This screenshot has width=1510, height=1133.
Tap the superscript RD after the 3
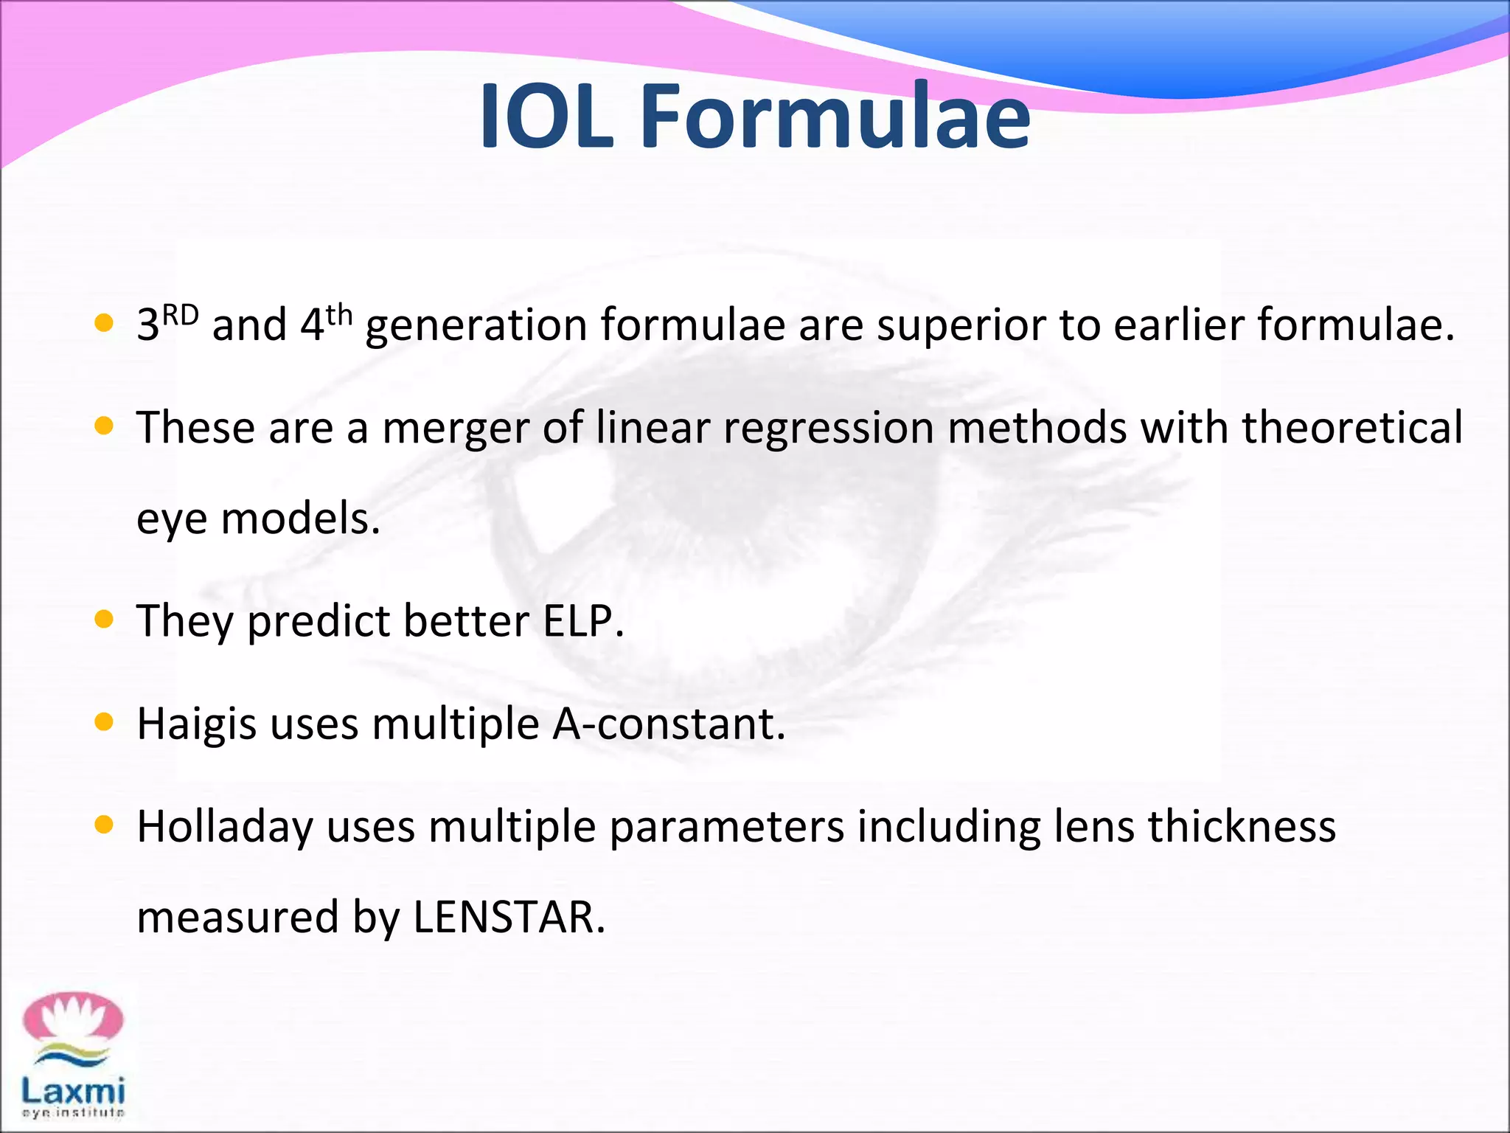[x=181, y=315]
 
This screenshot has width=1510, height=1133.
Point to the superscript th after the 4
[x=339, y=315]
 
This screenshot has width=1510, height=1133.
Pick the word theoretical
[x=1351, y=428]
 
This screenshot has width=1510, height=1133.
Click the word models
[x=300, y=519]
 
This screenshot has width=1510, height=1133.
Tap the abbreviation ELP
[x=582, y=621]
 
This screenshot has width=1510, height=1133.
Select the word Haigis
[x=197, y=724]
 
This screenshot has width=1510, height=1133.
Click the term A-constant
[x=668, y=724]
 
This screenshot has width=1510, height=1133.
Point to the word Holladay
[x=225, y=827]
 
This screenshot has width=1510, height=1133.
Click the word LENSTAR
[x=509, y=918]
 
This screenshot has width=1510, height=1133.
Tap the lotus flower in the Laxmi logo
[x=72, y=1017]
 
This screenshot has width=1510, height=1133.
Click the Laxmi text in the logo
[x=72, y=1090]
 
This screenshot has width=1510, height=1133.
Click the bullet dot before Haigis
[x=104, y=723]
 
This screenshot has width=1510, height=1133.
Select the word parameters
[x=726, y=827]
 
